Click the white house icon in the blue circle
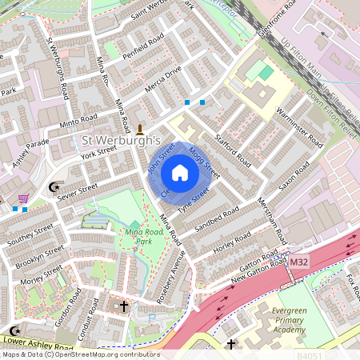[x=180, y=172]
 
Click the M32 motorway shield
[x=299, y=262]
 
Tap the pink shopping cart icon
[x=24, y=198]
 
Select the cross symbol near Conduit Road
[x=123, y=306]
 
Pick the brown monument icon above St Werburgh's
[x=141, y=128]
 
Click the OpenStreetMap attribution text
[x=80, y=354]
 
